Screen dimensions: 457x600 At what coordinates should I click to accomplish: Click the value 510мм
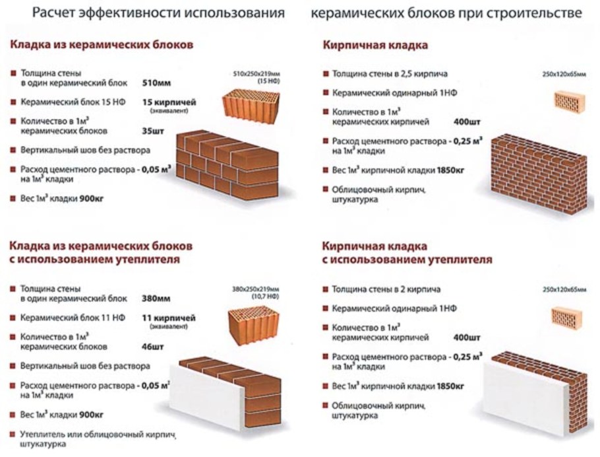click(x=156, y=84)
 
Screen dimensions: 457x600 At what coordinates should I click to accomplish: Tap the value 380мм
click(x=156, y=298)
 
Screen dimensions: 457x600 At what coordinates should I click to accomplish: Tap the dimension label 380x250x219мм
click(x=256, y=287)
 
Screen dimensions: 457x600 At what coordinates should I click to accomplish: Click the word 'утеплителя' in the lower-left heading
click(x=147, y=260)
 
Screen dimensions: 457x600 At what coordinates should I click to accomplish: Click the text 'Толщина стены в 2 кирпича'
click(x=386, y=289)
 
